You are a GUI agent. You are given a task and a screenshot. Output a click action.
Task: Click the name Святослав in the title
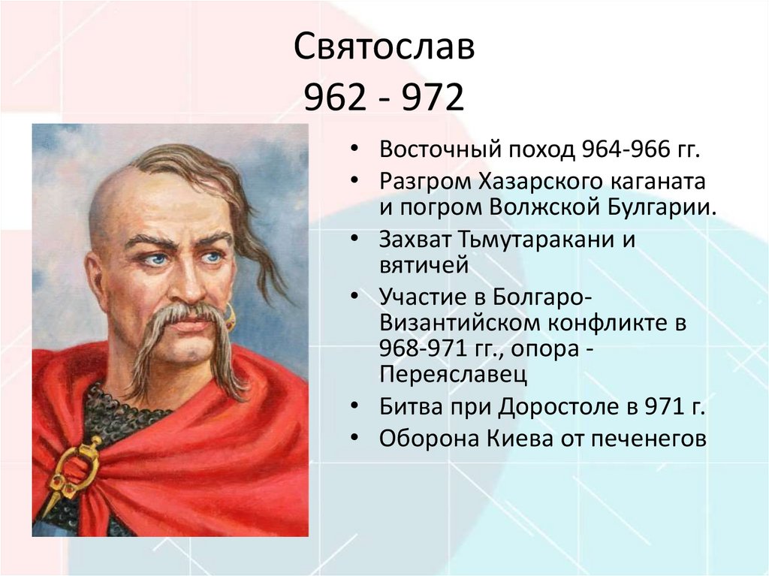point(384,50)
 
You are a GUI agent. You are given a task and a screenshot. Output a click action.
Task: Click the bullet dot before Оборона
point(355,439)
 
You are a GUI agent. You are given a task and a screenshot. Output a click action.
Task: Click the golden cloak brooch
point(75,466)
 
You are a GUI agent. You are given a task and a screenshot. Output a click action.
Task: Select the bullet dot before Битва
point(355,406)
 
